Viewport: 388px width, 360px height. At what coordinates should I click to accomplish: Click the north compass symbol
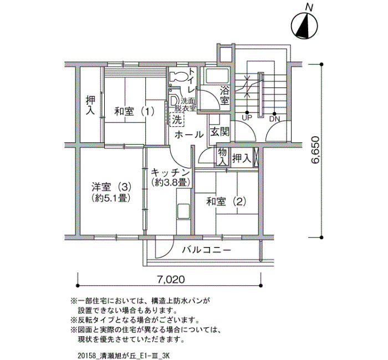pos(304,25)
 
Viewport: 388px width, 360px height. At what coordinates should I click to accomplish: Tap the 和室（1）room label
pos(134,111)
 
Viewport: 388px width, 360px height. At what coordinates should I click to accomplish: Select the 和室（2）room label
pos(226,202)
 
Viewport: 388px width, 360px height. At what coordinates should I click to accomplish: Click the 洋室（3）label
pos(111,187)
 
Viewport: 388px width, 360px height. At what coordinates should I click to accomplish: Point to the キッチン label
pos(170,172)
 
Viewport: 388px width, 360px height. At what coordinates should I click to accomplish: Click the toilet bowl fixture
pos(178,76)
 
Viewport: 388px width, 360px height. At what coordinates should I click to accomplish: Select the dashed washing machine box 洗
pos(177,120)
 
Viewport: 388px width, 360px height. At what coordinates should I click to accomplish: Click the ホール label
pos(189,135)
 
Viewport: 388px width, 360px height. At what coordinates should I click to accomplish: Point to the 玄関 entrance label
pos(219,132)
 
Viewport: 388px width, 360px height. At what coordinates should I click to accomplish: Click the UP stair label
pos(247,118)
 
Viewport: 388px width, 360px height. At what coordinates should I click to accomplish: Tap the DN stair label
pos(274,119)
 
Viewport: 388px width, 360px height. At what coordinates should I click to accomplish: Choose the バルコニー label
pos(207,250)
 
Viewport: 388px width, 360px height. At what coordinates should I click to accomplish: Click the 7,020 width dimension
pos(171,280)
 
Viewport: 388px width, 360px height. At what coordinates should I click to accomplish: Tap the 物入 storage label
pos(222,157)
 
